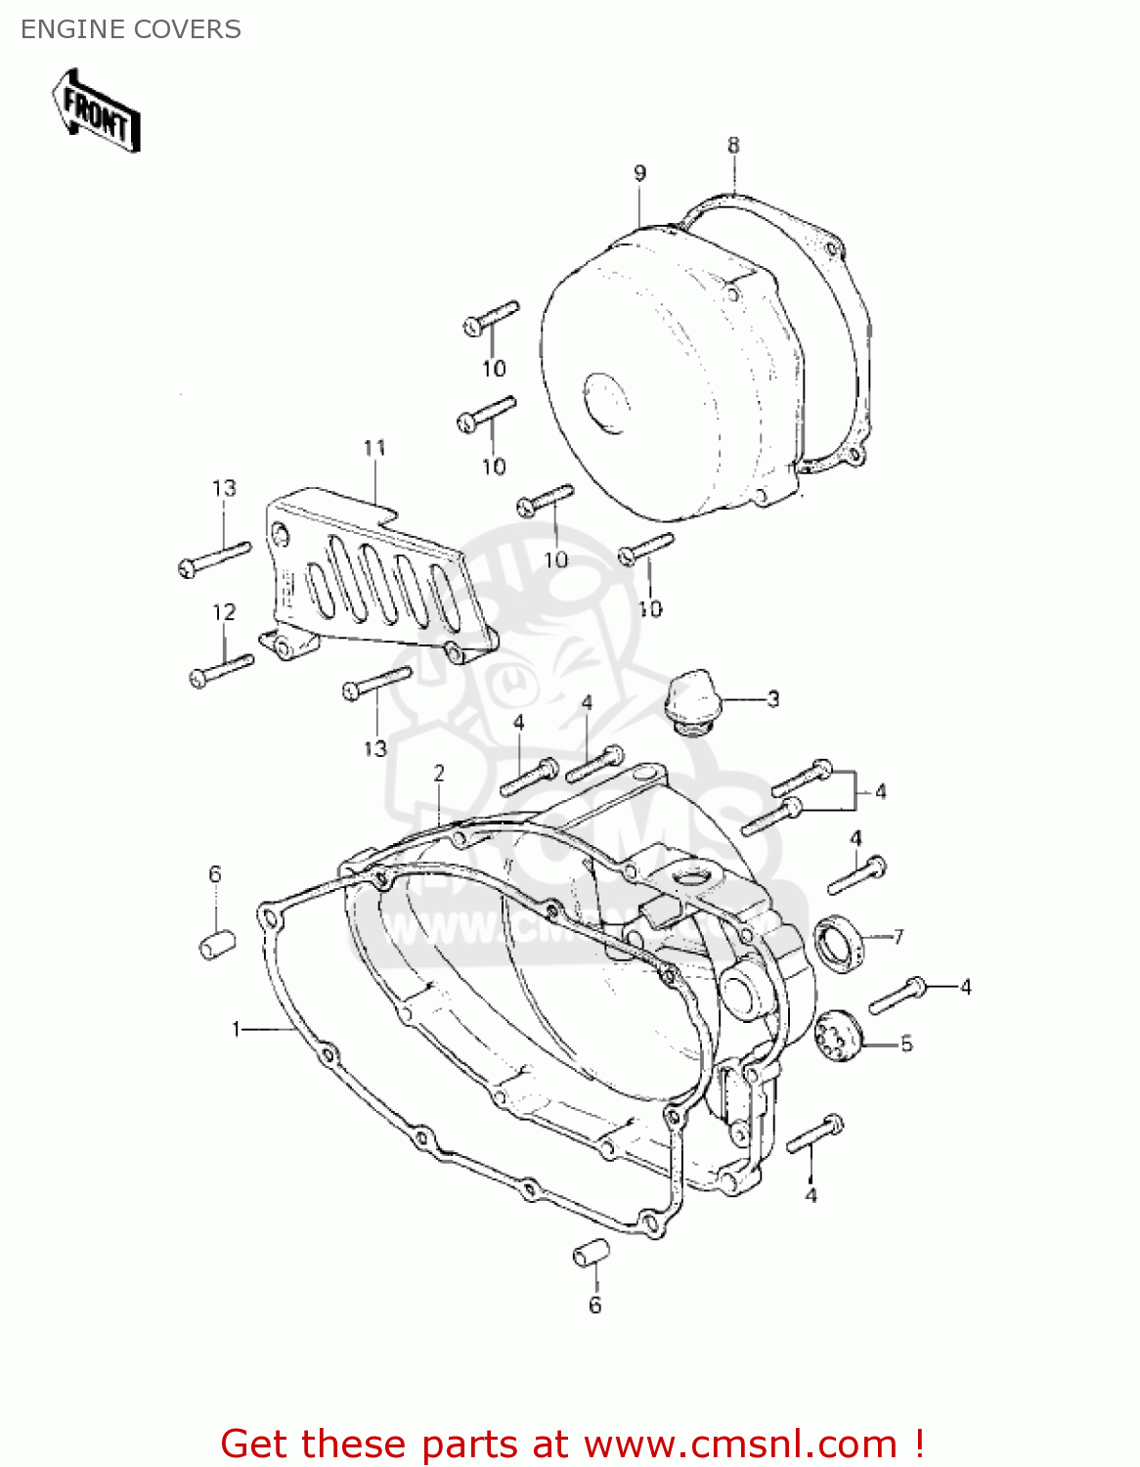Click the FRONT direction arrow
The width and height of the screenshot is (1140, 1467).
tap(97, 111)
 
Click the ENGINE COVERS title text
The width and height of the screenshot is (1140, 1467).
tap(131, 29)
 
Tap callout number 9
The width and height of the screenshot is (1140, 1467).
tap(639, 174)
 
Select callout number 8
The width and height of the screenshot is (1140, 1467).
tap(733, 146)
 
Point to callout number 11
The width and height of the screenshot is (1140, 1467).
tap(374, 448)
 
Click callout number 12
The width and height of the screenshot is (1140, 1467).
tap(224, 612)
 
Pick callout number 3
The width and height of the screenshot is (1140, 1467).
tap(772, 699)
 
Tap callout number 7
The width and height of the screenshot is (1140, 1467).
tap(898, 937)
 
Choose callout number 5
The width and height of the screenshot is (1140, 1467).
tap(906, 1045)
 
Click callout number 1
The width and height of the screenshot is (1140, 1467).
tap(236, 1029)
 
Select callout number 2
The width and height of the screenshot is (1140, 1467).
tap(439, 774)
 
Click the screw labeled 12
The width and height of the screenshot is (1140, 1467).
tap(221, 670)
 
